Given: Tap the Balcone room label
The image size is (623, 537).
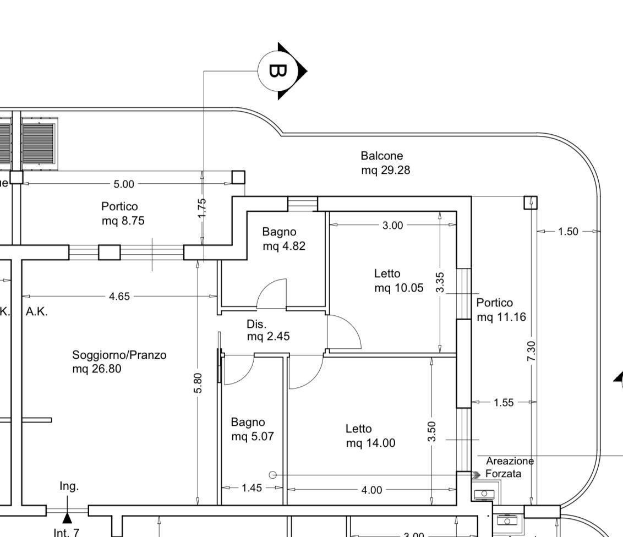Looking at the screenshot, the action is [381, 156].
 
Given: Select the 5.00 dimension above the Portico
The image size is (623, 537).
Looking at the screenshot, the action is [124, 184].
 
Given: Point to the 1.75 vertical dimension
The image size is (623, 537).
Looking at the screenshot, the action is [202, 208].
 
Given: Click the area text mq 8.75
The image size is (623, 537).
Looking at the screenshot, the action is [123, 221].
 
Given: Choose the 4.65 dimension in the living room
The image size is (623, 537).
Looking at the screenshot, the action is [119, 297].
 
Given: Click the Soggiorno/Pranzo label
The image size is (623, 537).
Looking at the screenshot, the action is [119, 355].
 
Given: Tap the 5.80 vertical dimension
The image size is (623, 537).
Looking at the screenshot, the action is [198, 383].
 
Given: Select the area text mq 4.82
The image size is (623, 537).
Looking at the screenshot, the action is [284, 246].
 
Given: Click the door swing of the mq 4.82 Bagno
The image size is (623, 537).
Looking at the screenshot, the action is [267, 287].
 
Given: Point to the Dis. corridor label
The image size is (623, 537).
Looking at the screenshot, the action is [256, 324].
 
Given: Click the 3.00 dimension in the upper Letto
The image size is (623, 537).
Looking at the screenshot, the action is [392, 225].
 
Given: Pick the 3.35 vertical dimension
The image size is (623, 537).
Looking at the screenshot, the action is [440, 282].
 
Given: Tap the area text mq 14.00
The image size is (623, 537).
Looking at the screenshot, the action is [371, 443].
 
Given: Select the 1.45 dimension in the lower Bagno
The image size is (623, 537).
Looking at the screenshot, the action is [252, 487].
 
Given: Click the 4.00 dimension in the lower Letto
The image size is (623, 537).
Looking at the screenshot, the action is [371, 490].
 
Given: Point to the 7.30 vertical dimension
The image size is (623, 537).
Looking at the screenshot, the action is [531, 351].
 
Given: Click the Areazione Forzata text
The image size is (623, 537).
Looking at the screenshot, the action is [510, 467].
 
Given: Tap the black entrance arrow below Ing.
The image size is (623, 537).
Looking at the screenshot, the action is [67, 518].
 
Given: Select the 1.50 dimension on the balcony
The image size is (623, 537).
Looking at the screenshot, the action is [568, 232].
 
